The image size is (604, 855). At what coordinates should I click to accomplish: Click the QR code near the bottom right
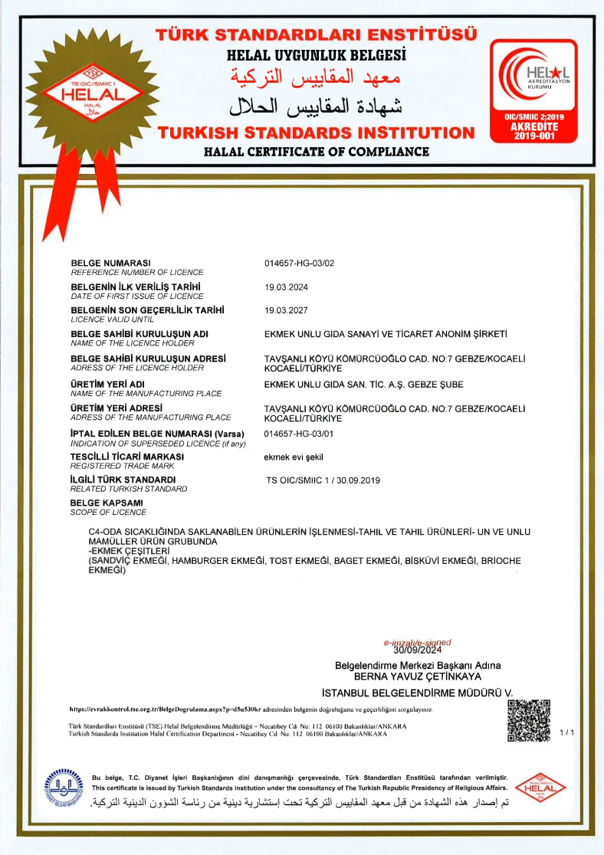pyautogui.click(x=529, y=721)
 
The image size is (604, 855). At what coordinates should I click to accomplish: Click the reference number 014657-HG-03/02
pyautogui.click(x=299, y=263)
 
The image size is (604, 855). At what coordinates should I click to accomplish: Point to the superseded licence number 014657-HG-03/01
pyautogui.click(x=299, y=433)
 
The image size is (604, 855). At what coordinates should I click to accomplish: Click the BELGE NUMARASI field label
pyautogui.click(x=110, y=263)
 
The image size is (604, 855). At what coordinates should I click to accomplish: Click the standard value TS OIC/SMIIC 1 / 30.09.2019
pyautogui.click(x=323, y=480)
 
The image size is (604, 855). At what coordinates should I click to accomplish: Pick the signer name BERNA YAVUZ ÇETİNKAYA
pyautogui.click(x=417, y=676)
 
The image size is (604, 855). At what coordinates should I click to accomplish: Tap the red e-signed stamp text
pyautogui.click(x=418, y=643)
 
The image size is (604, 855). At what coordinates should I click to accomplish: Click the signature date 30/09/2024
pyautogui.click(x=417, y=650)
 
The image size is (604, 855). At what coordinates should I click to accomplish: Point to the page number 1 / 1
pyautogui.click(x=567, y=733)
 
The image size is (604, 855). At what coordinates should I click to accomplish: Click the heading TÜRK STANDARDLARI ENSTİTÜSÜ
pyautogui.click(x=316, y=35)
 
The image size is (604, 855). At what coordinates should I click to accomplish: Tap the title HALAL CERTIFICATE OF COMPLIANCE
pyautogui.click(x=316, y=152)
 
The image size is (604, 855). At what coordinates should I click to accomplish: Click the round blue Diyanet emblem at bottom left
pyautogui.click(x=64, y=788)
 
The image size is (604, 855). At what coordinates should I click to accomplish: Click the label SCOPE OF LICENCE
pyautogui.click(x=108, y=512)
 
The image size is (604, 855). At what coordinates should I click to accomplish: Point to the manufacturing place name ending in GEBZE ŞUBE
pyautogui.click(x=363, y=384)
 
